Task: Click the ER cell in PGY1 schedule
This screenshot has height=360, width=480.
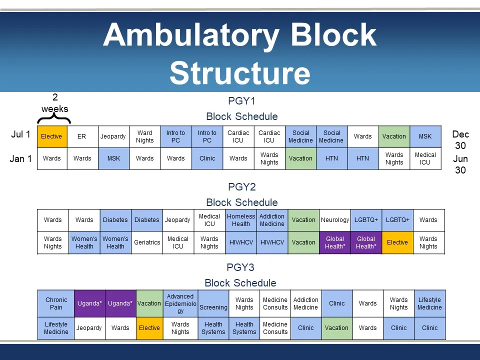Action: pos(82,136)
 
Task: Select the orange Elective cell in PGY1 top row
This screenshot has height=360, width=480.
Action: pos(51,136)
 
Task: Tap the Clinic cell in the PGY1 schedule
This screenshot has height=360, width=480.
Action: pos(207,158)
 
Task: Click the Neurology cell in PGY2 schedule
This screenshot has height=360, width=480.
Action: pos(334,220)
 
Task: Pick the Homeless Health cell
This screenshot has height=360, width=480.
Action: pos(240,220)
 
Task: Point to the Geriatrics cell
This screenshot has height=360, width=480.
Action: pos(147,242)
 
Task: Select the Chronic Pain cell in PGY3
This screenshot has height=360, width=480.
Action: pos(56,303)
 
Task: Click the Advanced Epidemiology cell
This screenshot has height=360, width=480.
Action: pos(180,303)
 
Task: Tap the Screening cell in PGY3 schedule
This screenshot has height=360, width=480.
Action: pos(213,307)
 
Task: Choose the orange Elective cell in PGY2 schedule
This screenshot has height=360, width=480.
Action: pos(397,242)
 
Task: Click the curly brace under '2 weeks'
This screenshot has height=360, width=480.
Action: pos(54,118)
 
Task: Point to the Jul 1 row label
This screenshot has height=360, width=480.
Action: pos(21,134)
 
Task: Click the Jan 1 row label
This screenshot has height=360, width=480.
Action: pos(21,159)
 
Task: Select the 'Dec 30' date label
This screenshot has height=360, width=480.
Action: pos(460,140)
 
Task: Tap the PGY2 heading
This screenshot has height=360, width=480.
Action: pos(241,187)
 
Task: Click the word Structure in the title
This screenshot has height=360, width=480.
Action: pos(239,73)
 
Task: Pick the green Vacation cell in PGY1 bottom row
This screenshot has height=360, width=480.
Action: pos(300,158)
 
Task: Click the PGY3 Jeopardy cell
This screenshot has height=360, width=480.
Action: pos(89,328)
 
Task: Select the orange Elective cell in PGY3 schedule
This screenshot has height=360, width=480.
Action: pos(149,328)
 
